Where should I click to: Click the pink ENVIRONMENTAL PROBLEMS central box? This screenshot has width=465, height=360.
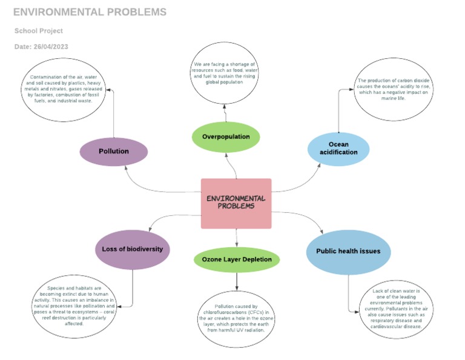tap(236, 203)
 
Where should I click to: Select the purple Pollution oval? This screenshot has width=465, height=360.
tap(114, 152)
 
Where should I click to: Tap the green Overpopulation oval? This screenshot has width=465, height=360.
tap(226, 136)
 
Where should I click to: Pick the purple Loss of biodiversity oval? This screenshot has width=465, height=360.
tap(132, 249)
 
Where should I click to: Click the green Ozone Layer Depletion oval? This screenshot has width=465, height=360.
tap(237, 259)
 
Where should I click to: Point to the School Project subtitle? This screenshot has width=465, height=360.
tap(39, 31)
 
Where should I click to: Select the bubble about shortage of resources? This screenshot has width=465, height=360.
tap(225, 73)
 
